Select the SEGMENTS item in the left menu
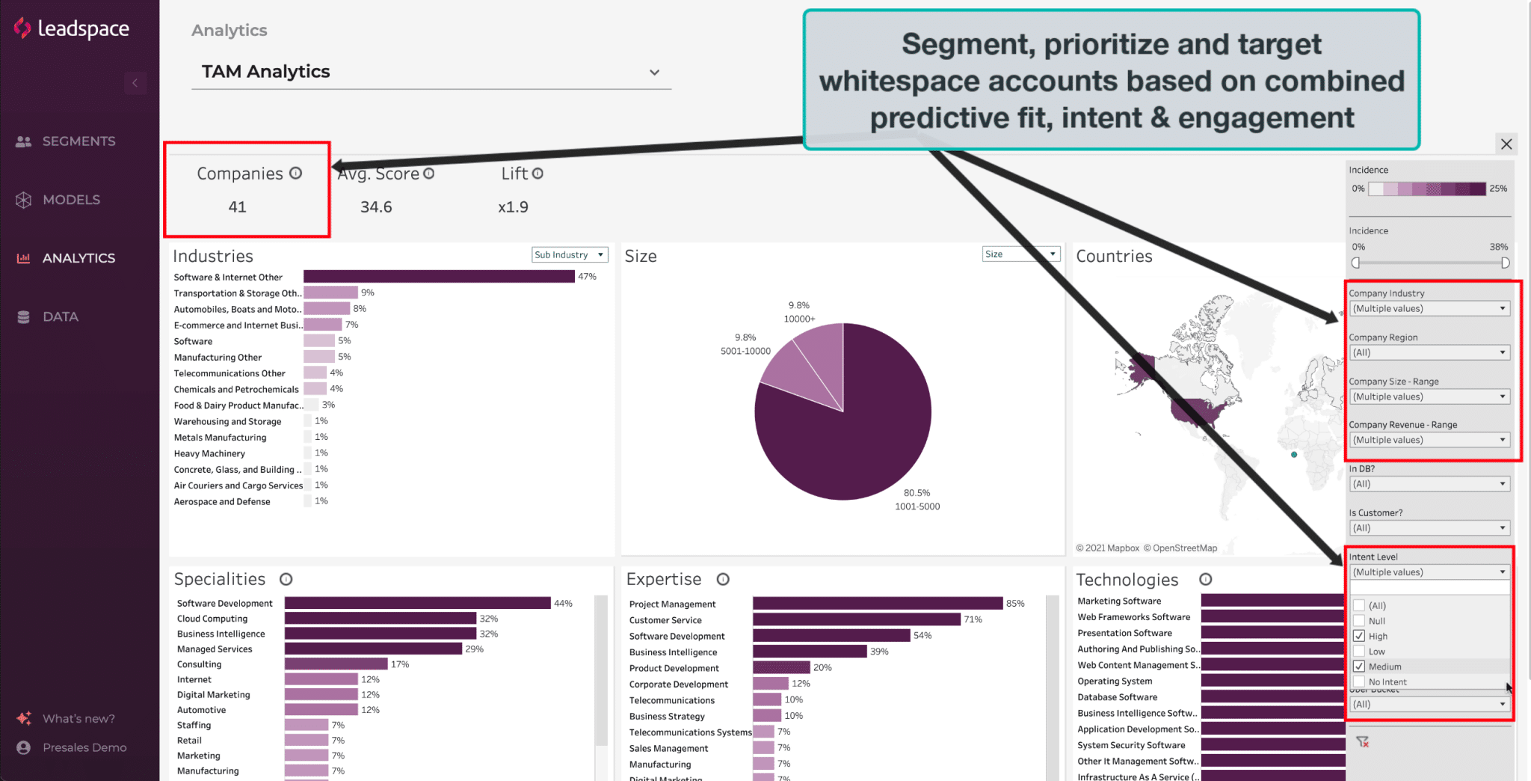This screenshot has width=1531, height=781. pos(78,141)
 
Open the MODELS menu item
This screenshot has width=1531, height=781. pos(70,200)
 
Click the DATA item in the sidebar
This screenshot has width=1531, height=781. pos(60,316)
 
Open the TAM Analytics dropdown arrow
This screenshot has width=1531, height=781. pos(654,73)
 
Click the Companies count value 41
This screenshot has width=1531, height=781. pos(237,207)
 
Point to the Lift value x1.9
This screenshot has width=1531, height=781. pos(513,207)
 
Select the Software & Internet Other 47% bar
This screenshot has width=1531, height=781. pos(439,277)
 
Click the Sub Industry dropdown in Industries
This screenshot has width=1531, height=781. pos(570,254)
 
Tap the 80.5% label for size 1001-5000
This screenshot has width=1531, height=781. pos(917,493)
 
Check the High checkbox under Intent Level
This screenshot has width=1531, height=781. pos(1359,636)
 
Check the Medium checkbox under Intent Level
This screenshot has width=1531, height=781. pos(1359,667)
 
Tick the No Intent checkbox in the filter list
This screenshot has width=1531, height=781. pos(1359,682)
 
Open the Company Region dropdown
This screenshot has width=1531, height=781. pos(1429,352)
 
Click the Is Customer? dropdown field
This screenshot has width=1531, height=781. pos(1429,528)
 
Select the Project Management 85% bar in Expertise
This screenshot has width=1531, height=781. pos(877,604)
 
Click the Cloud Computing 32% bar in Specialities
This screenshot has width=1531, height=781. pos(380,619)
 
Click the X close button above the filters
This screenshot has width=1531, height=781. pos(1506,144)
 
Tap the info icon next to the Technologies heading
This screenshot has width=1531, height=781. pos(1205,580)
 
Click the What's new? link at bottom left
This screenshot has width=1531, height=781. pos(78,719)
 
